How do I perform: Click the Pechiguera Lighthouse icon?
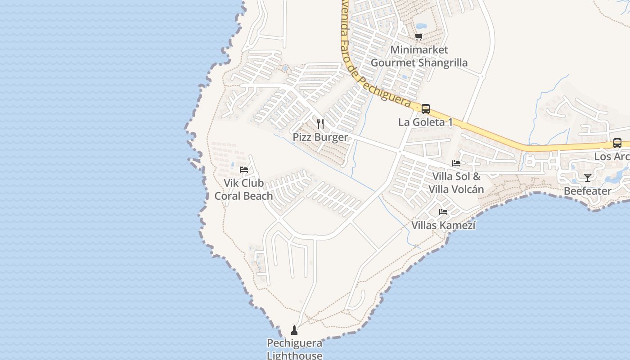pos(294,330)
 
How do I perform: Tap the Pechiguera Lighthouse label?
pos(294,349)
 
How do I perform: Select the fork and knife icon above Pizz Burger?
pos(320,123)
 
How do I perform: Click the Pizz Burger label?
pos(320,137)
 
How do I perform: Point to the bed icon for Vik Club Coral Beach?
pos(244,170)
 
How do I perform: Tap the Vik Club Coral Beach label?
pos(243,189)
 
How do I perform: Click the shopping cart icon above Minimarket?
pos(418,37)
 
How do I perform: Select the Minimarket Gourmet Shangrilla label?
pos(419,56)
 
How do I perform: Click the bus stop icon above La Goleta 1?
pos(425,109)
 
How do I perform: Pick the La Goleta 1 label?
pos(425,122)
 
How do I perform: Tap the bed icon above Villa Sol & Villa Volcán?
pos(456,163)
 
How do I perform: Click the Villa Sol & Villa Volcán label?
pos(456,182)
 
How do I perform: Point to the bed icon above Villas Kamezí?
pos(443,211)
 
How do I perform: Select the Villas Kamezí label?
pos(443,225)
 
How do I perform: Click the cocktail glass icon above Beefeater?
pos(587,177)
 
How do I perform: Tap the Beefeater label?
pos(587,191)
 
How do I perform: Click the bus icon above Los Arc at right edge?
pos(617,143)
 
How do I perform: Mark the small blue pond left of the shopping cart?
pos(422,26)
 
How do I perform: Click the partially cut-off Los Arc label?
pos(612,157)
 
